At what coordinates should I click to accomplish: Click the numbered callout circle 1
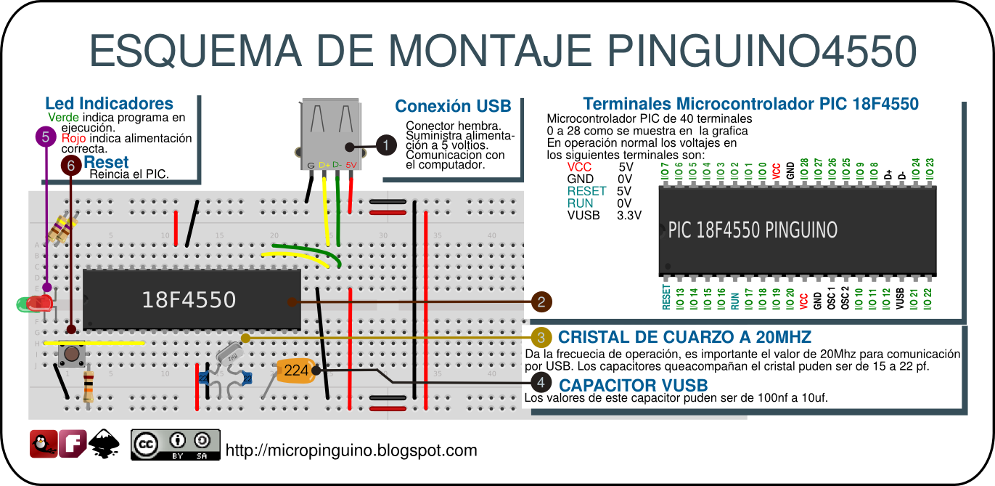click(386, 145)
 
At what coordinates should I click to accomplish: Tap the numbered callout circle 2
click(541, 301)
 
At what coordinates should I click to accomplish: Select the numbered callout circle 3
click(541, 338)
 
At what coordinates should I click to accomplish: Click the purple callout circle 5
click(46, 136)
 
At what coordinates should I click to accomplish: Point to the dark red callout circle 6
click(70, 166)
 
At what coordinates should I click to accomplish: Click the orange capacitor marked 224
click(295, 370)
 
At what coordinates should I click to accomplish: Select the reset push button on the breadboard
click(70, 356)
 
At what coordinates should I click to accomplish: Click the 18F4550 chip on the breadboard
click(190, 299)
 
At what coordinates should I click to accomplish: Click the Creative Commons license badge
click(175, 444)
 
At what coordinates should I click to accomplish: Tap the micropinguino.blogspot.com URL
click(351, 450)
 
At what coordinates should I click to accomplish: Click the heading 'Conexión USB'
click(453, 107)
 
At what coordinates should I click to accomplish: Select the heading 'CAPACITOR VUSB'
click(633, 385)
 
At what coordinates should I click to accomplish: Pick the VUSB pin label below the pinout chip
click(900, 298)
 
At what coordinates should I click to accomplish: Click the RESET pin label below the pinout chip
click(666, 298)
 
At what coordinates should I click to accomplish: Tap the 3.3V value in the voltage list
click(628, 216)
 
